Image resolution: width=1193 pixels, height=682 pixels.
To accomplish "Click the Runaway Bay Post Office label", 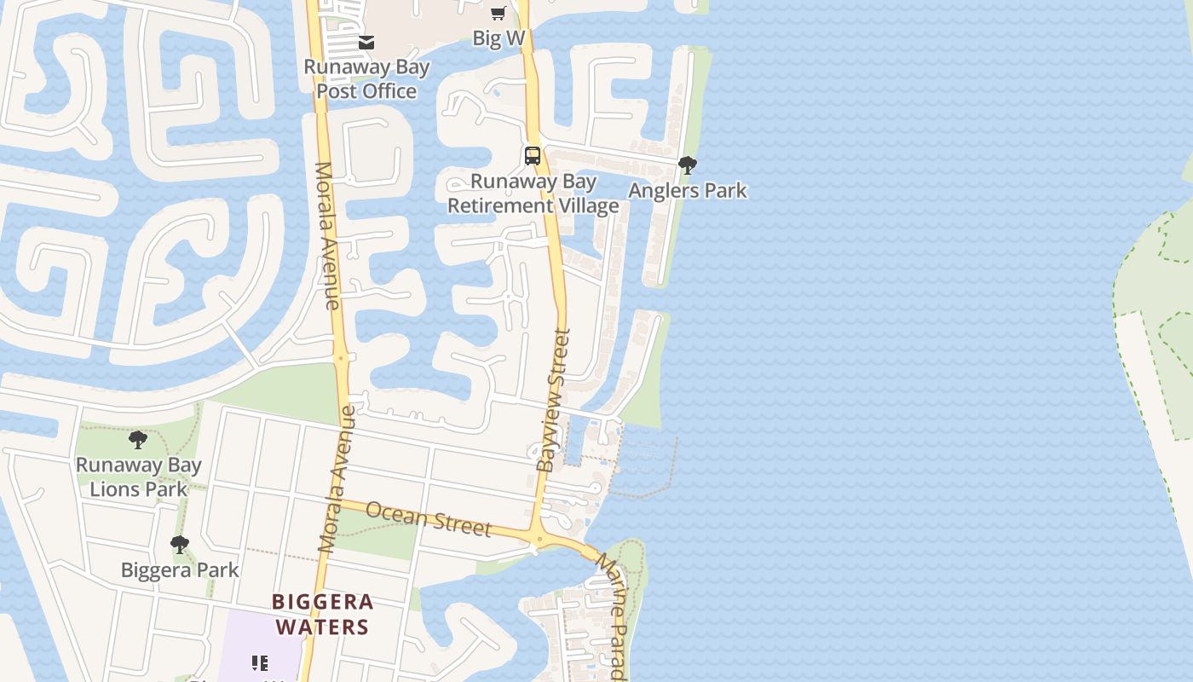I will (x=366, y=78).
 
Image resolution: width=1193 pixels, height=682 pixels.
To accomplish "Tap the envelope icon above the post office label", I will (x=366, y=42).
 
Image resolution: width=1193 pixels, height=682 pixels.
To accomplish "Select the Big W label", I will (x=499, y=38).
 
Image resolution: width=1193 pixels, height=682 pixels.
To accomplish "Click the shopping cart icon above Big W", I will (x=499, y=13).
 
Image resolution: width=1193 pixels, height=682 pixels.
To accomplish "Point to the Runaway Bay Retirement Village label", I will (x=533, y=194).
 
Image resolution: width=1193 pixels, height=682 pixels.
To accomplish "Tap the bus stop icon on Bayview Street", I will (x=533, y=156).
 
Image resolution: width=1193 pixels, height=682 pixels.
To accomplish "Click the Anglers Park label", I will (x=688, y=190).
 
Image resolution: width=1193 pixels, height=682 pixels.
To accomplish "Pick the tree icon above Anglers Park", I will (x=688, y=165).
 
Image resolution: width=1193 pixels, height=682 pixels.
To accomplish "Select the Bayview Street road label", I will (x=553, y=400).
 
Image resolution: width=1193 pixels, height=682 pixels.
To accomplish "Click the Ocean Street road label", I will (x=429, y=518).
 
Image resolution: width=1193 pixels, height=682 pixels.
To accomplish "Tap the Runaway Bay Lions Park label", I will (x=139, y=477).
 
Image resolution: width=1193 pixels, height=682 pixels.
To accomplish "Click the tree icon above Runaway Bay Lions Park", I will (x=138, y=440).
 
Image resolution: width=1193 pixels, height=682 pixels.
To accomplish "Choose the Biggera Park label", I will (x=180, y=569).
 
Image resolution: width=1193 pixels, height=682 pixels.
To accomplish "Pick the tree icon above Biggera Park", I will (x=179, y=544).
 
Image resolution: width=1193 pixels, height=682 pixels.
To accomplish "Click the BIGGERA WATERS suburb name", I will (x=322, y=614).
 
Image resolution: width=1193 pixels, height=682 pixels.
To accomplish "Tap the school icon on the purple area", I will (x=260, y=663).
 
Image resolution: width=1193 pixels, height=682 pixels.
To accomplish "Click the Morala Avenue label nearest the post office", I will (x=327, y=235).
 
